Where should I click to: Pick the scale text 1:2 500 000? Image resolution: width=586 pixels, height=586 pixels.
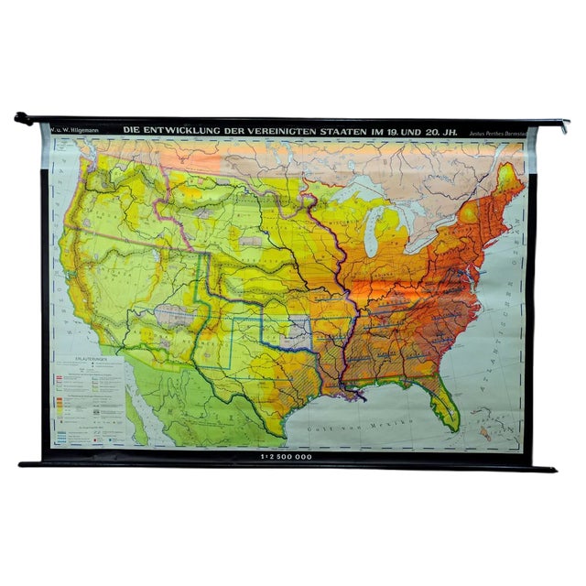pos(287,454)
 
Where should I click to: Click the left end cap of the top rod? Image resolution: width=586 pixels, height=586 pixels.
pos(19,116)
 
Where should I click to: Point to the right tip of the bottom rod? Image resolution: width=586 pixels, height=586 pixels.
pos(553,469)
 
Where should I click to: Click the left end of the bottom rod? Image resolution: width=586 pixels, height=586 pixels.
pos(24,463)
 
